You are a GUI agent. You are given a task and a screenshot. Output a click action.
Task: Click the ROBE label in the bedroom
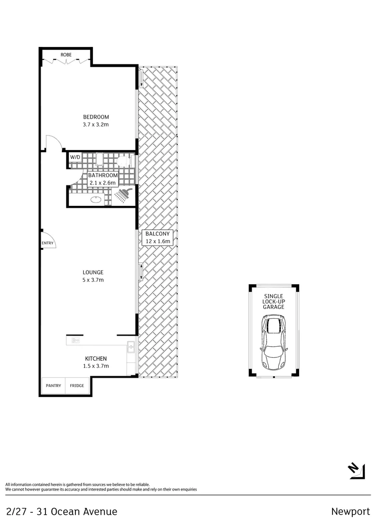(x=66, y=55)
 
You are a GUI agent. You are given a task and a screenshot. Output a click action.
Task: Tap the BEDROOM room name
(x=96, y=117)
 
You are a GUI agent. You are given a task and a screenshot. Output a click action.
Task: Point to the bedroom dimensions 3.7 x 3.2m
(x=96, y=124)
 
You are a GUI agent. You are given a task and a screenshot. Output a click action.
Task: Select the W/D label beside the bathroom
(x=75, y=157)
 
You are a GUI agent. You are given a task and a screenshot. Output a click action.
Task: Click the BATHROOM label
(x=103, y=175)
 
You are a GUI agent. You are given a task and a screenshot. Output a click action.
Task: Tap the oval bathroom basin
(x=95, y=199)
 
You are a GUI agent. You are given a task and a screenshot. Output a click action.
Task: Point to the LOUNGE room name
(x=93, y=272)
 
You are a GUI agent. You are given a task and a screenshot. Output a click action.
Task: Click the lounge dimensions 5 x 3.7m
(x=93, y=280)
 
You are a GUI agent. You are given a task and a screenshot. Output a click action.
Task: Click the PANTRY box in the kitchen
(x=53, y=385)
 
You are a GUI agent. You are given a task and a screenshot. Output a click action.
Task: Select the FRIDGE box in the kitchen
(x=76, y=385)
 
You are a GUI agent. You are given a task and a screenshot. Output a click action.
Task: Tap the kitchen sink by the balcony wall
(x=131, y=347)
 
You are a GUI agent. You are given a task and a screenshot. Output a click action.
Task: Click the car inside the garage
(x=274, y=342)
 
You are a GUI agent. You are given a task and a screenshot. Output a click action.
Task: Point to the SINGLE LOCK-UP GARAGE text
(x=274, y=301)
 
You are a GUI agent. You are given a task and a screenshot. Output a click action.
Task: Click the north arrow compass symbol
(x=356, y=471)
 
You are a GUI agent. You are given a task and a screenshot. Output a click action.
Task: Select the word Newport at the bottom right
(x=350, y=511)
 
